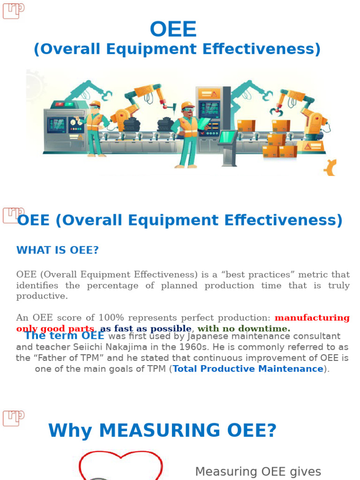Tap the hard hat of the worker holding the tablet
tap(187, 106)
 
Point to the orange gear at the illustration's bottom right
tap(330, 167)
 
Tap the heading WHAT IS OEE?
tap(58, 250)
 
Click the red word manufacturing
tap(312, 318)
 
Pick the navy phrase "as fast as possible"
tap(146, 329)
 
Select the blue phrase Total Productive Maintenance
tap(248, 369)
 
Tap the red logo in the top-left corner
tap(13, 10)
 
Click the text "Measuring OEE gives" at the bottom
tap(258, 472)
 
